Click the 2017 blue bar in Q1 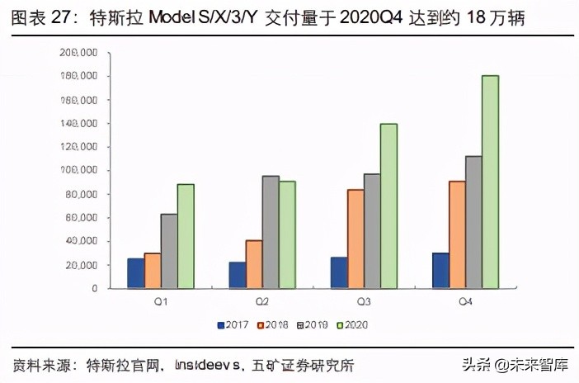tap(135, 273)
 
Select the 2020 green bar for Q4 tap(490, 182)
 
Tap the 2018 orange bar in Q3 tap(355, 239)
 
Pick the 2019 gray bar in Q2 tap(271, 232)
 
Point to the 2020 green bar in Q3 tap(388, 206)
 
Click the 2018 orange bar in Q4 tap(456, 234)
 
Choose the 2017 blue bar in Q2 tap(237, 275)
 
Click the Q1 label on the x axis tap(161, 302)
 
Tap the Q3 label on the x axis tap(364, 302)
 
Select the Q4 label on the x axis tap(465, 302)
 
